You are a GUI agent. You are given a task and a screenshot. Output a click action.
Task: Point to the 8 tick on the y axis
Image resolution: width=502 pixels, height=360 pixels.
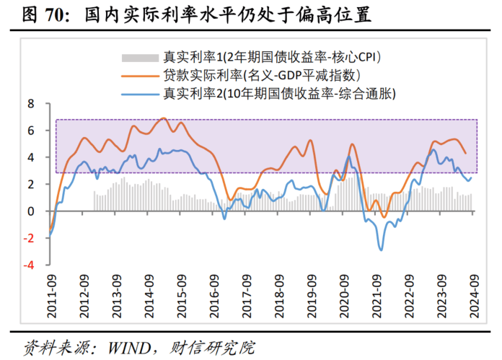[31, 104]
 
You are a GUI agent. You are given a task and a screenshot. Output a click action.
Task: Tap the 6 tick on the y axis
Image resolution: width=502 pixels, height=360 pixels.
[31, 131]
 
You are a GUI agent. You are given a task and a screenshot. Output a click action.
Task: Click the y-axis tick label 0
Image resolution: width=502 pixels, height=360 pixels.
[31, 211]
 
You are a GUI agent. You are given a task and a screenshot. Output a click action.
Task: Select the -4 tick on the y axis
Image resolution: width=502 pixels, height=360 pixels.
[28, 265]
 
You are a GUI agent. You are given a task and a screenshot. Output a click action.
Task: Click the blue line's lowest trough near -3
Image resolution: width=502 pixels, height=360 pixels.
[381, 250]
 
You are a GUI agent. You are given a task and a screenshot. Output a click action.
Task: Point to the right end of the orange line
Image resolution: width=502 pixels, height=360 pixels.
[465, 153]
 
